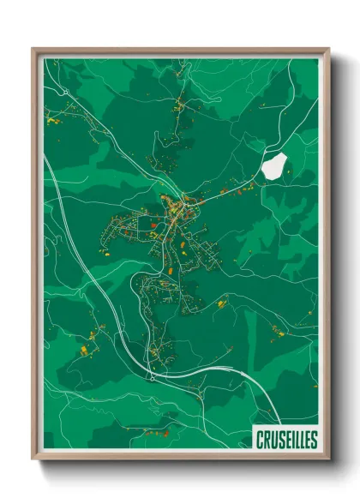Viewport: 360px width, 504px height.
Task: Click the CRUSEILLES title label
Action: pos(285,440)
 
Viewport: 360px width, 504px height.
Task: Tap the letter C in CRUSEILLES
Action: pos(259,440)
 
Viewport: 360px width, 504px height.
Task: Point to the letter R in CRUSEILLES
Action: pos(266,440)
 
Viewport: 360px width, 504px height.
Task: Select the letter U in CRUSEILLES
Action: pos(273,440)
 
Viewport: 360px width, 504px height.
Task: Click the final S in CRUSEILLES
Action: pos(313,440)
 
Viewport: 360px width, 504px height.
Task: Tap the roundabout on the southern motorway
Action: pos(151,375)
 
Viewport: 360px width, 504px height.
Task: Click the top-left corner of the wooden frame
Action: pos(33,49)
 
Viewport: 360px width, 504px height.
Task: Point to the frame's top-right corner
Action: pos(327,49)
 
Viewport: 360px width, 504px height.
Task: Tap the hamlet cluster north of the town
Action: pos(179,107)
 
